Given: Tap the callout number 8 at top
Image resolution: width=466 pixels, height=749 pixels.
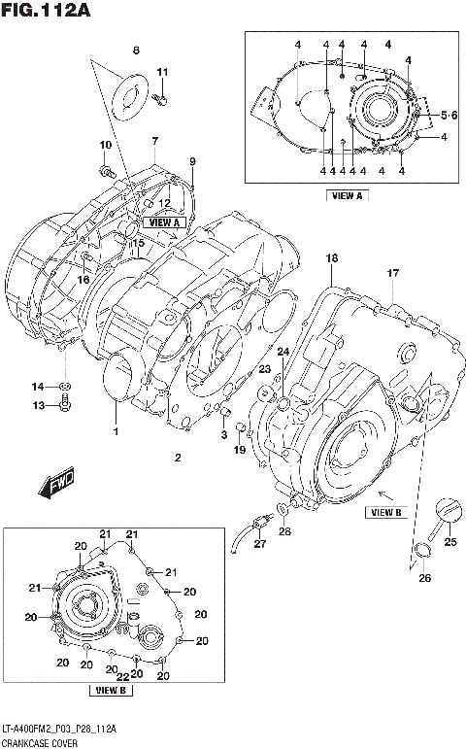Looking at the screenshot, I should point(136,50).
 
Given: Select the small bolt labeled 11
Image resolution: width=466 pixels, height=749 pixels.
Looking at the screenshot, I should point(163,98).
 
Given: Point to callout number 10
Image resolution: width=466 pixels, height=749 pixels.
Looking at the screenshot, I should point(104,146).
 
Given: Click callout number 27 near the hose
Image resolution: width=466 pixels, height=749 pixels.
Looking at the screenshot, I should point(259,545).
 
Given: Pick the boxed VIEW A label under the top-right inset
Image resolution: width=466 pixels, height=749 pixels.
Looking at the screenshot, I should point(347,194).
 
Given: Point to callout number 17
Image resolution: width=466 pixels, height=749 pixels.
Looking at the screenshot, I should point(393,274).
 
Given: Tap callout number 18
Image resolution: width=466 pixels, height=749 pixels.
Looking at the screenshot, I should point(331,258).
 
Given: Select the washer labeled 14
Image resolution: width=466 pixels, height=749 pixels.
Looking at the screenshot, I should point(65,388).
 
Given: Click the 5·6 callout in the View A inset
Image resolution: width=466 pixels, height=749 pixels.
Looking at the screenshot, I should point(448,116).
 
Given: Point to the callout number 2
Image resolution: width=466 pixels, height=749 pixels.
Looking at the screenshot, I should point(177,458).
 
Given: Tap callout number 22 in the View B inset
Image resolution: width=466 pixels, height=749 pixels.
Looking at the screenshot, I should point(123,677).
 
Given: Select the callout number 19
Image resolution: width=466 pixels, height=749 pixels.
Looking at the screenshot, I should point(240,449).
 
